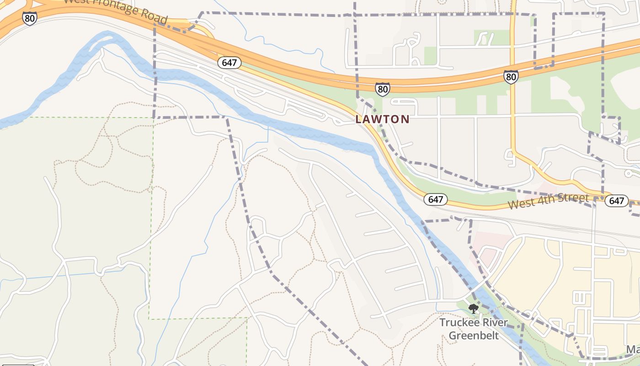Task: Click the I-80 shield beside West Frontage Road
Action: (29, 18)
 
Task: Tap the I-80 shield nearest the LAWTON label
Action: (383, 89)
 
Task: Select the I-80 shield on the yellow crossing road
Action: (511, 76)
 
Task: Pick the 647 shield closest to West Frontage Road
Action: (229, 62)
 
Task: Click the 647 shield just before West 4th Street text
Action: (435, 199)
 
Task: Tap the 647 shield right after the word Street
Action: (616, 200)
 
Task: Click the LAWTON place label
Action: (382, 119)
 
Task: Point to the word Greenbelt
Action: (473, 335)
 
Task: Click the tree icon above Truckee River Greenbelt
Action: (474, 309)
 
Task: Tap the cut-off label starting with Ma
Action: (633, 350)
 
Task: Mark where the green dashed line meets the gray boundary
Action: (153, 118)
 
